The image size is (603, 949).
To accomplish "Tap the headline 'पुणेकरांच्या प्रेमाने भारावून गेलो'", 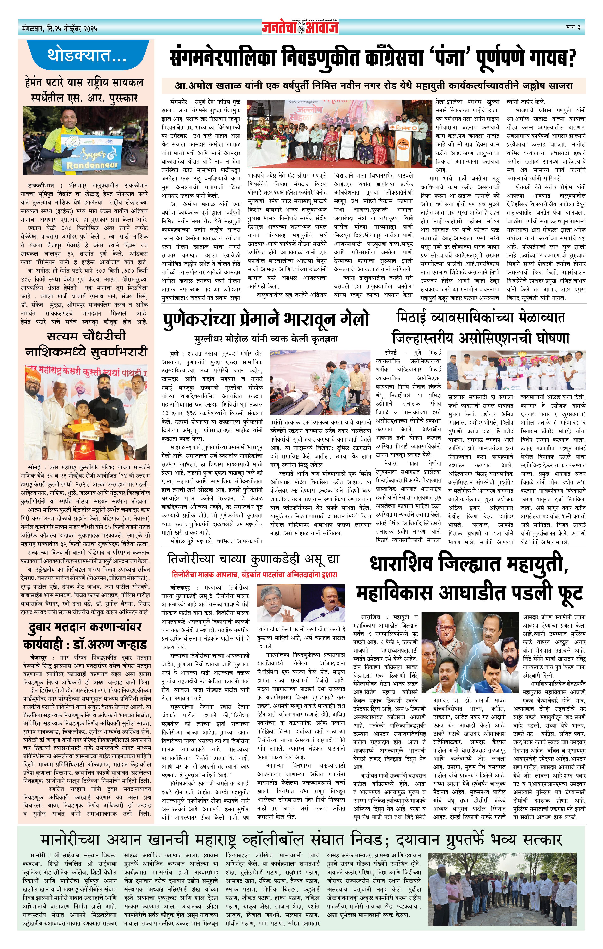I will pos(266,319).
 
